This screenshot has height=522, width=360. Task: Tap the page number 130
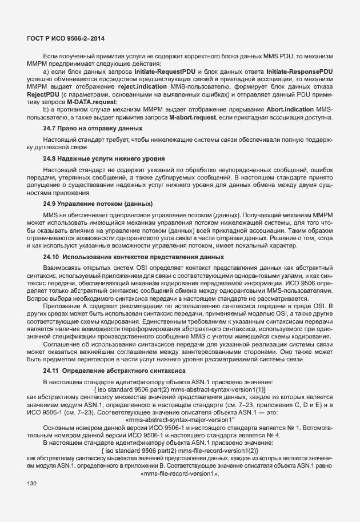(32, 484)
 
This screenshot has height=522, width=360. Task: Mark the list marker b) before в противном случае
(46, 109)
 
